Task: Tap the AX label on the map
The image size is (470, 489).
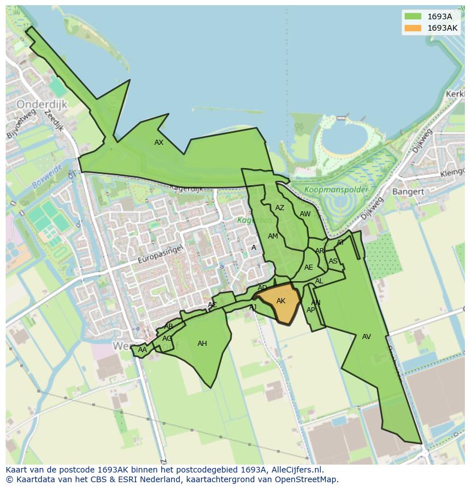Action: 159,143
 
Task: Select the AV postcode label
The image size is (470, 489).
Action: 367,337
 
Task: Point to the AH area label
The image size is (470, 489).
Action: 202,344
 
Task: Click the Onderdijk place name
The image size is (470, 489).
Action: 42,105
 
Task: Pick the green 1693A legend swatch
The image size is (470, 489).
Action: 413,16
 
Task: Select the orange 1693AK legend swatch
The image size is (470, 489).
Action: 413,28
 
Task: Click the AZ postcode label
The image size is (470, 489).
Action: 280,208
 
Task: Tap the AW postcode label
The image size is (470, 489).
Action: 305,214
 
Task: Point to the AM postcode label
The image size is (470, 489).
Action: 273,236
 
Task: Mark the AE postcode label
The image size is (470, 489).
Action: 309,268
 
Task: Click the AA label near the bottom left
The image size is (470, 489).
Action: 142,350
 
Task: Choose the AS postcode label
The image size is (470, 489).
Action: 333,262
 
